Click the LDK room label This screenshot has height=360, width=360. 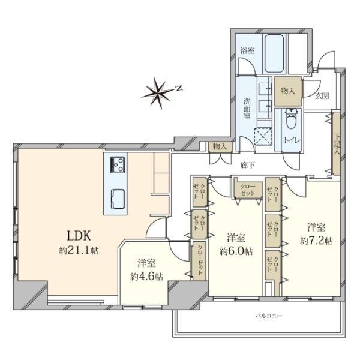tap(79, 236)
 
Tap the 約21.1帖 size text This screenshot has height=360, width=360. tap(79, 251)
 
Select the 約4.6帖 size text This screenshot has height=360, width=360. tap(147, 277)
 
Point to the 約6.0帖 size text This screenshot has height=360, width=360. tap(236, 251)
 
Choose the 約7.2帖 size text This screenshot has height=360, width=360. tap(316, 241)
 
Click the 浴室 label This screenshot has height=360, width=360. tap(247, 50)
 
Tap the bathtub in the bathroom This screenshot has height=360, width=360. tap(274, 53)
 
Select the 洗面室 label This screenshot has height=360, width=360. tap(247, 109)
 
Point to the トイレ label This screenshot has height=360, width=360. tap(292, 140)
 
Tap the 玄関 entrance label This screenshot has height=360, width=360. tap(322, 96)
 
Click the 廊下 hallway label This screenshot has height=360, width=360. tap(247, 165)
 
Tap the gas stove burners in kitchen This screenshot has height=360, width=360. tap(118, 165)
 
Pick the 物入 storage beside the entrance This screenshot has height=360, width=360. tap(288, 91)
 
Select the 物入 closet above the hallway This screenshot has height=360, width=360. tap(220, 146)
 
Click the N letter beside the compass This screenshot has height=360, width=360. tap(179, 88)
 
